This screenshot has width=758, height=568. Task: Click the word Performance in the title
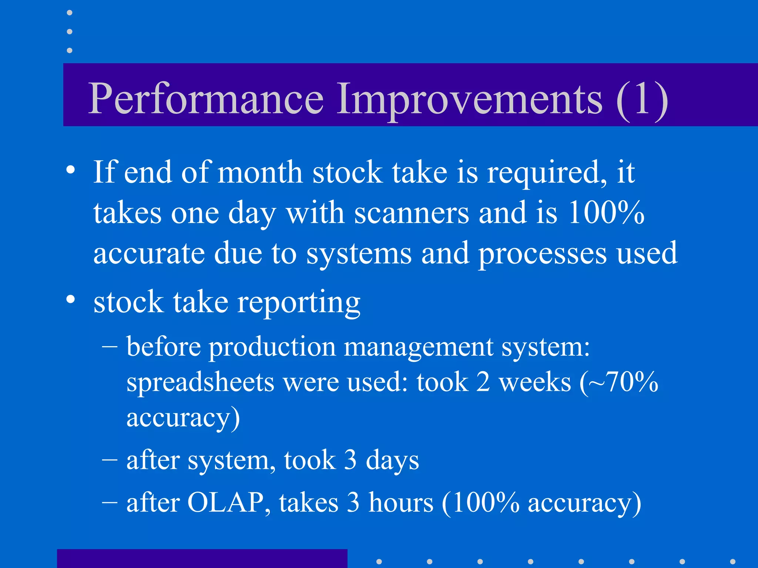click(x=206, y=99)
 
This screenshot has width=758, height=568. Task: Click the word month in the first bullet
click(x=260, y=172)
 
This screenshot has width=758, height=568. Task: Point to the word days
click(x=392, y=461)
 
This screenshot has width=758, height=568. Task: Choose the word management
click(x=419, y=348)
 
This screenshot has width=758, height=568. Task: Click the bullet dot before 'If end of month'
click(x=71, y=170)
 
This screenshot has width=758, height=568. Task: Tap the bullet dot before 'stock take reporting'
click(x=71, y=299)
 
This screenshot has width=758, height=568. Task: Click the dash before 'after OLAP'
click(x=110, y=502)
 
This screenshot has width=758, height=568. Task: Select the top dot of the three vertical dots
click(x=70, y=13)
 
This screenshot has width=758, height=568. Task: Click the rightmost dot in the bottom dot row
click(x=732, y=561)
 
